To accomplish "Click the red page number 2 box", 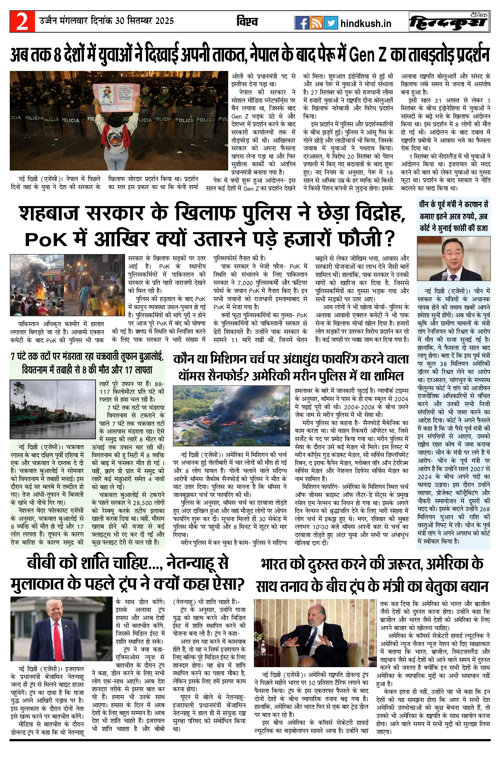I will click(x=22, y=21).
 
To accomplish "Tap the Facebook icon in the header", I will click(x=301, y=23).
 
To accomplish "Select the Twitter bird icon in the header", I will click(x=330, y=23).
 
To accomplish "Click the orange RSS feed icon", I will click(x=316, y=23).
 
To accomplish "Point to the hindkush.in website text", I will click(x=366, y=23).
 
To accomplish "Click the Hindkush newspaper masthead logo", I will click(x=449, y=22).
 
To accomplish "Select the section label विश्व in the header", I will click(x=247, y=22).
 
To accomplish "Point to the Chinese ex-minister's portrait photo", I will click(x=453, y=259).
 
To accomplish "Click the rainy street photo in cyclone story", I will click(x=53, y=409).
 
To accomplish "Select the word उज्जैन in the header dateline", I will click(x=49, y=21).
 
